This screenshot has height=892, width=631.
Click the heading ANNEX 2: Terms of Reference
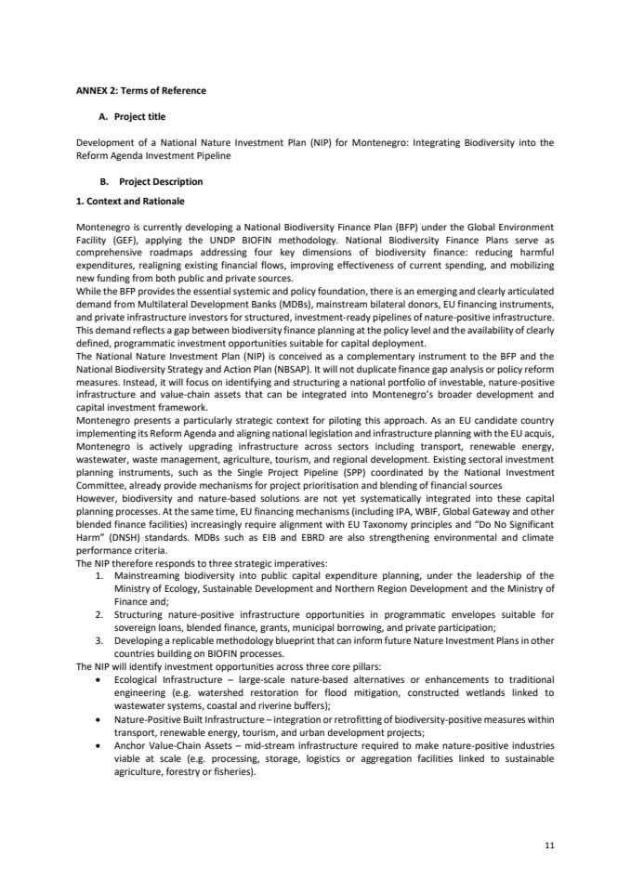[x=140, y=91]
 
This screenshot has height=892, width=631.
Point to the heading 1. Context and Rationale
[x=130, y=201]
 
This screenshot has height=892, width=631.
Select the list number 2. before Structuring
[x=100, y=614]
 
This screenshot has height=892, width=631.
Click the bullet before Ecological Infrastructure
[x=100, y=680]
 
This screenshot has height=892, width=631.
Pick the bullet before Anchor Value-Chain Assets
[x=100, y=745]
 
